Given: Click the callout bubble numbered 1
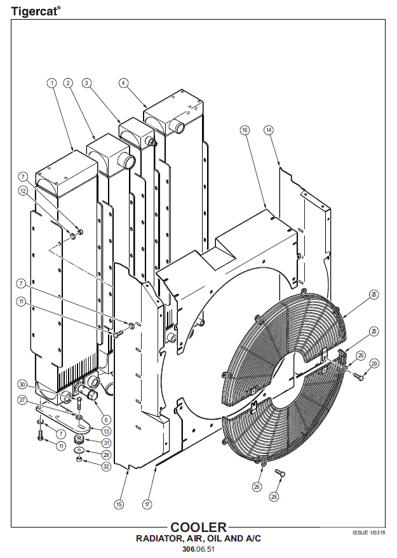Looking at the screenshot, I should tap(51, 83).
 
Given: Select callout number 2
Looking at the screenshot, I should tap(68, 83).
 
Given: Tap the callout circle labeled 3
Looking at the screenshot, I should tap(87, 83).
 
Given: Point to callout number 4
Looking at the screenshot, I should tap(123, 83).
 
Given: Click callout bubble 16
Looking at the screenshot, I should tap(245, 130).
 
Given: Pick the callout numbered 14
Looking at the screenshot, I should tap(269, 130).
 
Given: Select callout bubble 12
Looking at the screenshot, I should tap(23, 190).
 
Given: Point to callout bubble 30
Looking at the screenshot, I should tap(22, 384).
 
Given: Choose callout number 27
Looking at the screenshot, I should tap(22, 401).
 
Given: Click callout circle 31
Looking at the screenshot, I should tap(107, 442).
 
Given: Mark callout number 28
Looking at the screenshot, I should tap(107, 455).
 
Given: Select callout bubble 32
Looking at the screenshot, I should tap(107, 466).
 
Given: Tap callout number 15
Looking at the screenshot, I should tap(119, 505).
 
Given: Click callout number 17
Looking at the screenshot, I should tap(147, 505).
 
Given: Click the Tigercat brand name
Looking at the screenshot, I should tap(32, 11).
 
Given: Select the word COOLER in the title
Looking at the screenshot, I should tap(198, 528).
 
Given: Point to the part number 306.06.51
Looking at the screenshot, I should tap(198, 549).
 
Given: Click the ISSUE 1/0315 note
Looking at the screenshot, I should tap(369, 533).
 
